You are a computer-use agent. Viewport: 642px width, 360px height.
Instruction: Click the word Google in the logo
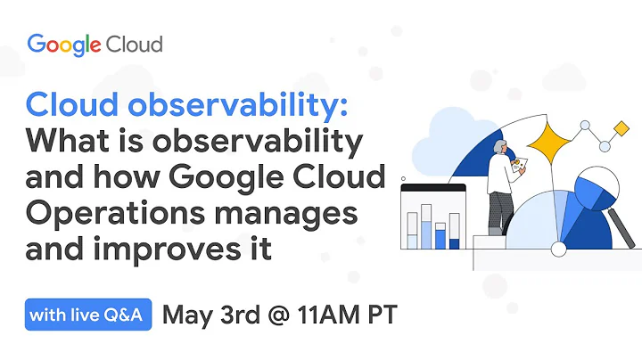(64, 44)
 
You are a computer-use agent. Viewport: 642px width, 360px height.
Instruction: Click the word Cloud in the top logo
(134, 44)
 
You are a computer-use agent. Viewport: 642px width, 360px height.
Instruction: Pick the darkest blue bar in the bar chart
(454, 241)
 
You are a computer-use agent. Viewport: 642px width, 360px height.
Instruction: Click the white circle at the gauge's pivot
(559, 249)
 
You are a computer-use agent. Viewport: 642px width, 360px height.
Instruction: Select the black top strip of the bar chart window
(433, 188)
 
